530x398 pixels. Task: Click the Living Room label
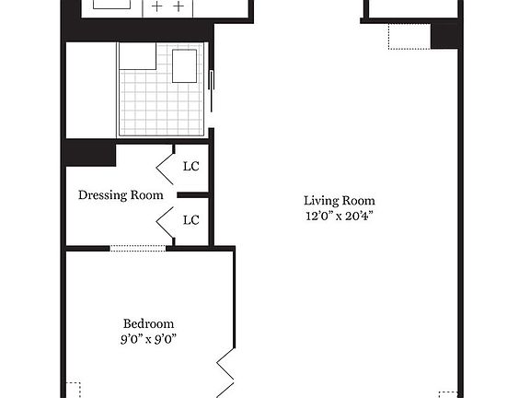click(340, 201)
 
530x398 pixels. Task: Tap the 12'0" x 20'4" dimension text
click(340, 216)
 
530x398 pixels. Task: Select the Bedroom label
click(148, 323)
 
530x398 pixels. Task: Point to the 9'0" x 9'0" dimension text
click(148, 338)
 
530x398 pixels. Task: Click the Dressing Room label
click(121, 195)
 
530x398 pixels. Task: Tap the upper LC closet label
click(191, 166)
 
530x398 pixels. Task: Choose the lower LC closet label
click(191, 220)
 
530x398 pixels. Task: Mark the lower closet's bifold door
click(165, 222)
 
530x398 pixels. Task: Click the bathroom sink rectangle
click(185, 66)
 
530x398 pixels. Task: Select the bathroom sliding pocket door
click(212, 90)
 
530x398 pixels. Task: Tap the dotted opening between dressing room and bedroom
click(138, 249)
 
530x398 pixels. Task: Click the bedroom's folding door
click(225, 372)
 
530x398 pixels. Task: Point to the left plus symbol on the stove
click(156, 6)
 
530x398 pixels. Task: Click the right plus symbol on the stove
click(179, 6)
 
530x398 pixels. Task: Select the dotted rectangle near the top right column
click(409, 37)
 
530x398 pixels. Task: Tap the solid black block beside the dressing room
click(91, 152)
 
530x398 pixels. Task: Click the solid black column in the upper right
click(444, 36)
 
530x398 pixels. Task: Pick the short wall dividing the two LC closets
click(193, 195)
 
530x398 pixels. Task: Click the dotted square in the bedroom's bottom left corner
click(73, 391)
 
